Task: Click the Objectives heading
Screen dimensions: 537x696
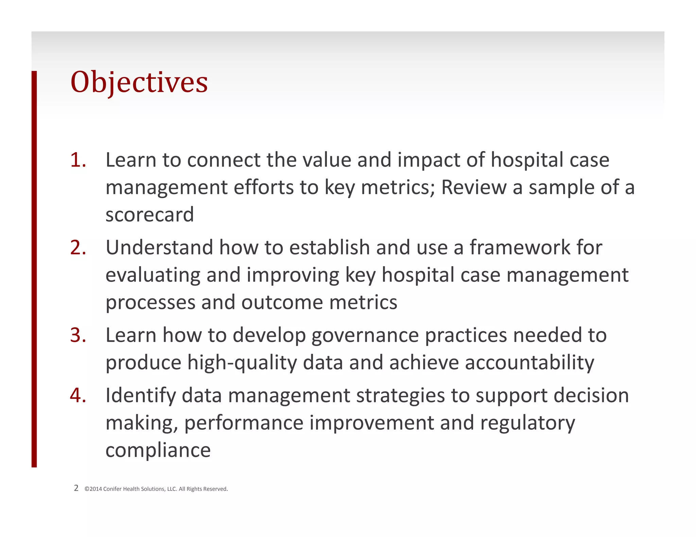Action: point(139,82)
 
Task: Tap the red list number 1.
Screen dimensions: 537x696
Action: point(78,160)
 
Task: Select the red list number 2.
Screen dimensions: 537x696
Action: point(78,247)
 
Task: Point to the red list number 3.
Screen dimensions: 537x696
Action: point(78,335)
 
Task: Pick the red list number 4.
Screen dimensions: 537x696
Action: point(78,395)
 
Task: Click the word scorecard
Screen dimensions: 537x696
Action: point(150,215)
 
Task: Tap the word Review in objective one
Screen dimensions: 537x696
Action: point(473,187)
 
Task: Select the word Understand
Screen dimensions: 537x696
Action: point(159,247)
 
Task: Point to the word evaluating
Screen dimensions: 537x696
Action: point(153,275)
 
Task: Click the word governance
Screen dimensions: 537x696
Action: point(365,335)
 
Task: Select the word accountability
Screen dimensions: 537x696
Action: point(529,363)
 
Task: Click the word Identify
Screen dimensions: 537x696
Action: point(140,396)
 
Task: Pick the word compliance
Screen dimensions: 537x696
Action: point(158,450)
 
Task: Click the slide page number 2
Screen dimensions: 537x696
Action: point(76,488)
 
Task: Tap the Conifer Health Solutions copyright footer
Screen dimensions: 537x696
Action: point(156,489)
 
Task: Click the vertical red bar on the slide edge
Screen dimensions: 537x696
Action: point(34,268)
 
